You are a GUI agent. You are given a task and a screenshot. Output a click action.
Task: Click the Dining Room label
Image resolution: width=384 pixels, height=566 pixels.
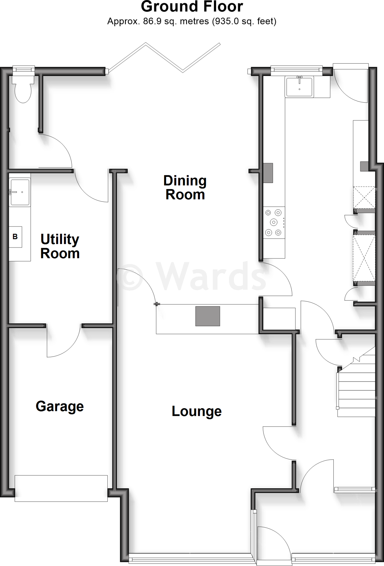[x=185, y=188]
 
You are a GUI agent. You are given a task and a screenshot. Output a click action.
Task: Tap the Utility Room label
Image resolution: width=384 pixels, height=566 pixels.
[x=60, y=246]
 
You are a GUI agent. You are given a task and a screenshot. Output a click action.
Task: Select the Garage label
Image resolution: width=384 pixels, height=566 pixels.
[x=60, y=407]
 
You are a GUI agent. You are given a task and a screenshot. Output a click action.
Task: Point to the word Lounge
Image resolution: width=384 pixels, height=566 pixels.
[x=196, y=411]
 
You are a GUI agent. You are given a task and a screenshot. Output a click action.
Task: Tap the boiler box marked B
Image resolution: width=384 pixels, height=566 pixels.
[x=15, y=237]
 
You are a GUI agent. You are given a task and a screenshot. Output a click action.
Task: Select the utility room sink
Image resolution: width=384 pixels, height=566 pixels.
[x=20, y=192]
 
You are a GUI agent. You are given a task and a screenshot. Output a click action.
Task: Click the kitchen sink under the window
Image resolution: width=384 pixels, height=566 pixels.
[x=299, y=86]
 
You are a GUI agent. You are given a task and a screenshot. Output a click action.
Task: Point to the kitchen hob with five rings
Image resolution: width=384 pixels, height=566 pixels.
[x=274, y=222]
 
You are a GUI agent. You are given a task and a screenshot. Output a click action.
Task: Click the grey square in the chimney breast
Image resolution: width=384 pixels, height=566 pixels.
[x=207, y=316]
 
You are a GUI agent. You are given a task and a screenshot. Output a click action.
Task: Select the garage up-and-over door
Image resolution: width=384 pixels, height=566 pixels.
[x=61, y=488]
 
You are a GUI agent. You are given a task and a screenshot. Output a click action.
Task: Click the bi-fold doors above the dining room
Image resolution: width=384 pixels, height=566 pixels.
[x=164, y=58]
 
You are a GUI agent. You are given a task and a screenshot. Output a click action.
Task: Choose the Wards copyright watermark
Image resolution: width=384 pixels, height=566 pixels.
[x=192, y=276]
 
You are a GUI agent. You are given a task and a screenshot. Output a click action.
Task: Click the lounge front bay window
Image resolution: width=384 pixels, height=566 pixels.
[x=191, y=560]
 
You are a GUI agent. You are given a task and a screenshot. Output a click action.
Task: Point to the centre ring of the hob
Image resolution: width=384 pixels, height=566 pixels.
[x=274, y=222]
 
